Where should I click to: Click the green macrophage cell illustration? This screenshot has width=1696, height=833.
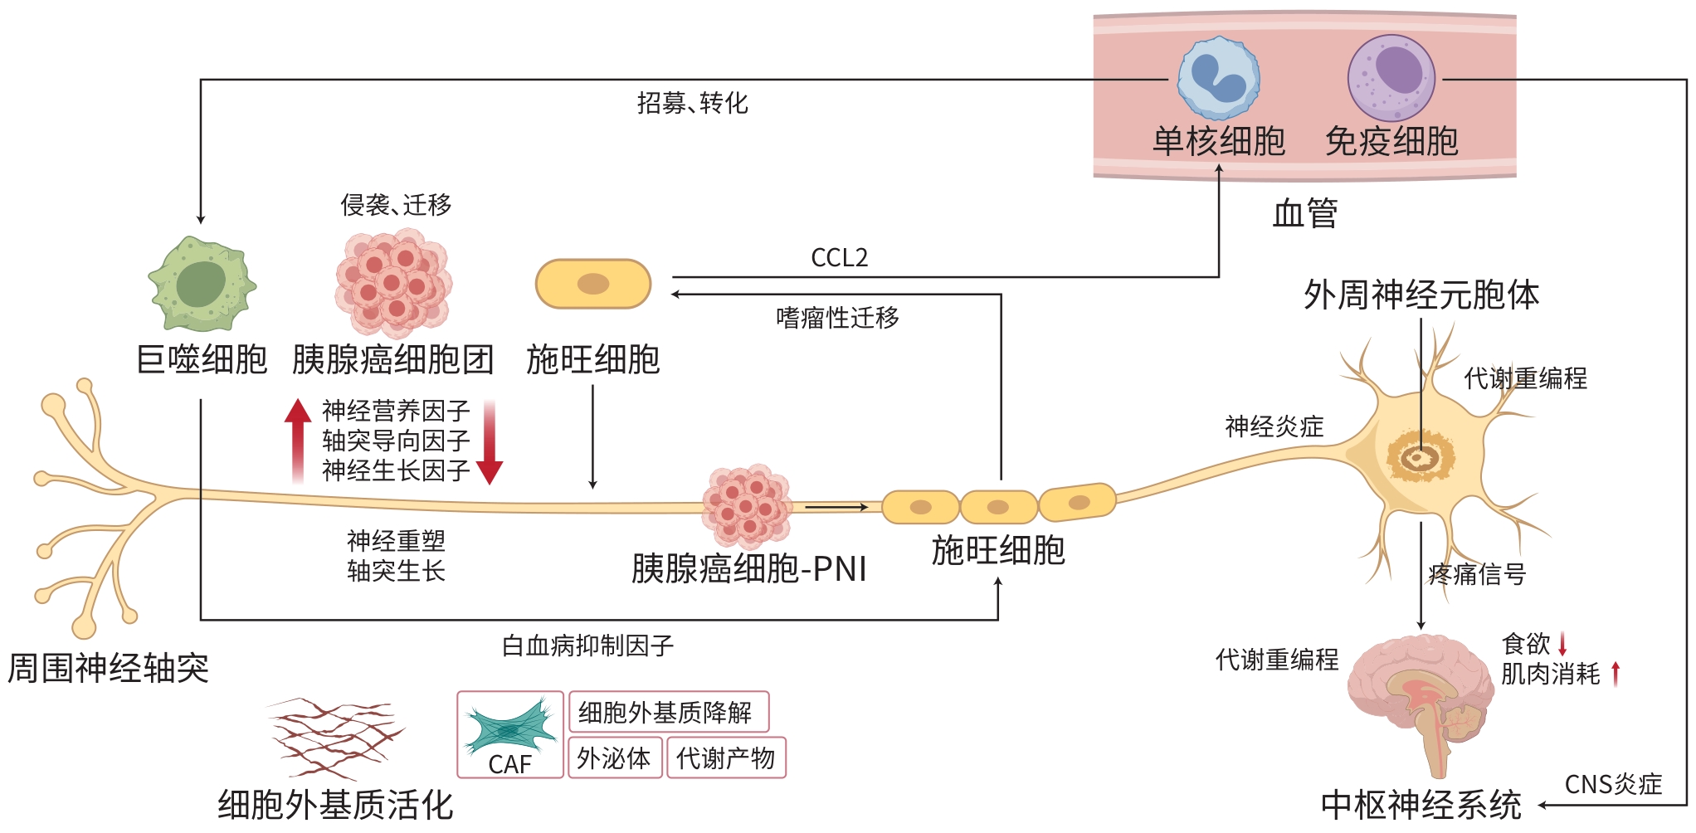tap(202, 285)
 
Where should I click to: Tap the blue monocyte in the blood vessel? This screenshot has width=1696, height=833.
tap(1219, 78)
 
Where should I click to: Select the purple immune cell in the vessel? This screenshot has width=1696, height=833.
tap(1391, 78)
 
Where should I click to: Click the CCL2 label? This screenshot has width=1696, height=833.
tap(839, 258)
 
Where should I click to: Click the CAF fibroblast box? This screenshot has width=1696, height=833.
tap(510, 734)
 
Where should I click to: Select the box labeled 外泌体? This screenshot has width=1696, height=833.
tap(614, 757)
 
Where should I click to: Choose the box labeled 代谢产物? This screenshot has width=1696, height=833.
tap(725, 757)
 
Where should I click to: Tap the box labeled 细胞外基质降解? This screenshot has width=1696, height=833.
tap(667, 712)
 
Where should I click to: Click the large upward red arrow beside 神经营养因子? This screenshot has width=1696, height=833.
tap(298, 440)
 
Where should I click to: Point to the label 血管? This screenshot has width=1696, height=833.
tap(1304, 213)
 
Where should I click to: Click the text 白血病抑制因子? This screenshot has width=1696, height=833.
tap(587, 645)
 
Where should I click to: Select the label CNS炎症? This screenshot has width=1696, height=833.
tap(1612, 784)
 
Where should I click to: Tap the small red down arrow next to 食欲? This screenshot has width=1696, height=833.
tap(1562, 644)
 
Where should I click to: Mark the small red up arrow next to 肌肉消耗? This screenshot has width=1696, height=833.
tap(1616, 673)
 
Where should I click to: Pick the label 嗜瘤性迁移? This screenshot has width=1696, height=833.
tap(837, 318)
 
